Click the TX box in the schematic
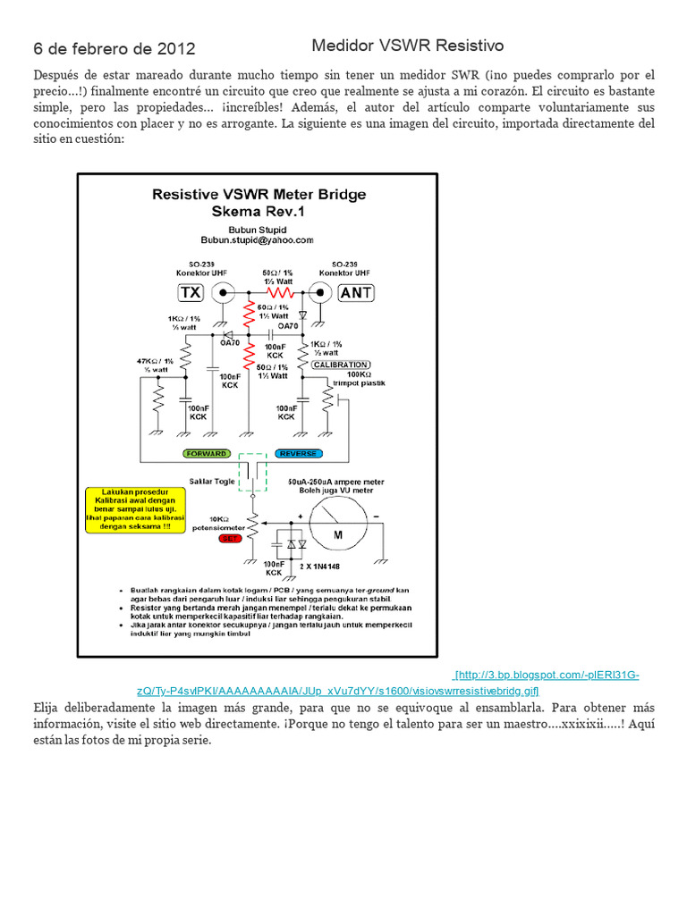coord(191,291)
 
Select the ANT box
coord(356,291)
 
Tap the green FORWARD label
coord(206,453)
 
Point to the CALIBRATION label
coord(340,365)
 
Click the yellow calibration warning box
coord(128,510)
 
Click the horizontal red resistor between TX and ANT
coord(280,291)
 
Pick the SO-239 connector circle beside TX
coord(224,291)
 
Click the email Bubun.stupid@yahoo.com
coord(258,239)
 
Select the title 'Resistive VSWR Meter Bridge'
coord(258,194)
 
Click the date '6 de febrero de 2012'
coord(114,48)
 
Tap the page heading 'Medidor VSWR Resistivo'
coord(408,45)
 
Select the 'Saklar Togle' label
coord(211,482)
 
